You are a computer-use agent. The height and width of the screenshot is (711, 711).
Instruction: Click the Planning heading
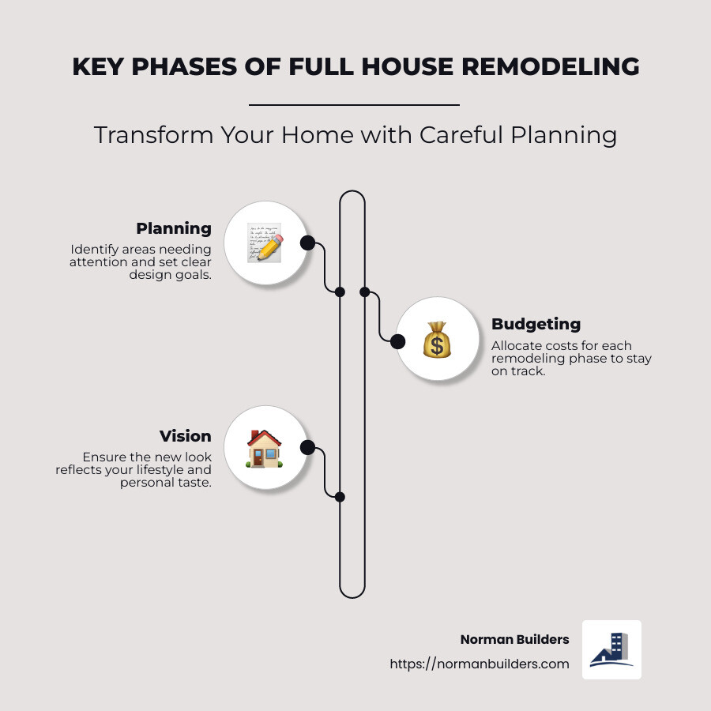[174, 229]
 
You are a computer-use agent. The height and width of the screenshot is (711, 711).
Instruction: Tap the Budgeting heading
[536, 324]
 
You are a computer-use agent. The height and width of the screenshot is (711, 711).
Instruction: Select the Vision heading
[185, 436]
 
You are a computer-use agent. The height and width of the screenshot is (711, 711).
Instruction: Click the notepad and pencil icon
[264, 242]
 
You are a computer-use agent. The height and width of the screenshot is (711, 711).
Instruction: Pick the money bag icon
[436, 339]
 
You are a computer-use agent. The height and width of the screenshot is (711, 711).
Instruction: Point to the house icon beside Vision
[264, 449]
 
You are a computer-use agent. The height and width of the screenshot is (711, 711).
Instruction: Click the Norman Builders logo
[611, 649]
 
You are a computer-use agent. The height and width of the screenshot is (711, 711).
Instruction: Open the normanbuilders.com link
[480, 664]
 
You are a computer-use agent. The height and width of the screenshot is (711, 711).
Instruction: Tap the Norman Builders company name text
[514, 639]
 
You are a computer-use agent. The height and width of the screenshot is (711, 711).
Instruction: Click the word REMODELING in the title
[551, 66]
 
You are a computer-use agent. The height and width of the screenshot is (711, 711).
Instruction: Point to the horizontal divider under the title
[354, 104]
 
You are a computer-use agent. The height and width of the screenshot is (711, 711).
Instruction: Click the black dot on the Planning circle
[307, 243]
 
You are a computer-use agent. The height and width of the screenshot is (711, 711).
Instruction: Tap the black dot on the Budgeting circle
[398, 341]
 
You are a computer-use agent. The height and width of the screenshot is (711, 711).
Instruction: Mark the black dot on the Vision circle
[307, 449]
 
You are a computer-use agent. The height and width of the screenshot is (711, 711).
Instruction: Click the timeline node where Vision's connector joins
[340, 497]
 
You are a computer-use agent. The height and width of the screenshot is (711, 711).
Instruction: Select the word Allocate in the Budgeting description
[515, 346]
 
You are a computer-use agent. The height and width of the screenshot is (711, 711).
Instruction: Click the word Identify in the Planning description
[92, 250]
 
